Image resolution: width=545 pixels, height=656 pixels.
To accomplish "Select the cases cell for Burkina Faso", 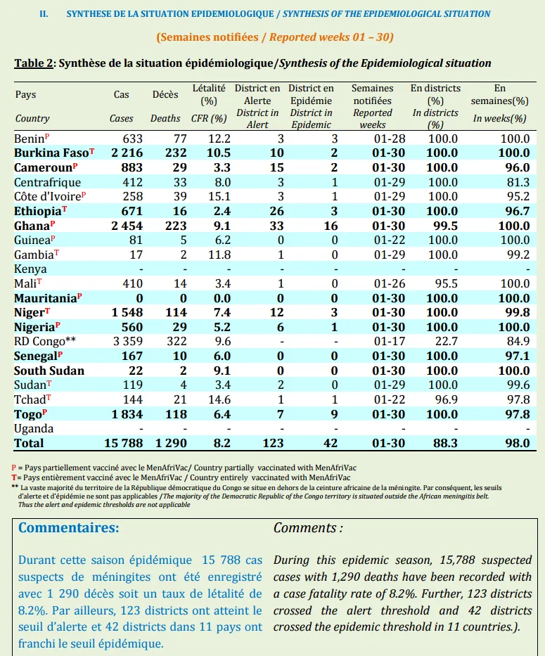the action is click(x=127, y=153).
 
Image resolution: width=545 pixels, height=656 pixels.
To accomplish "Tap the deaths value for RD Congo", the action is click(x=177, y=342).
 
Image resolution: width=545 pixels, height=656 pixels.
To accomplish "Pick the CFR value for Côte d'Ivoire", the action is click(x=219, y=197).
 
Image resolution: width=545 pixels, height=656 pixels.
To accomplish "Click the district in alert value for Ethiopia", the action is click(x=276, y=211).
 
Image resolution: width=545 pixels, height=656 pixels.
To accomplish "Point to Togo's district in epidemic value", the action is click(x=334, y=415).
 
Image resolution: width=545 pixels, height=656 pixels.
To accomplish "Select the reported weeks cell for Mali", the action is click(x=390, y=283).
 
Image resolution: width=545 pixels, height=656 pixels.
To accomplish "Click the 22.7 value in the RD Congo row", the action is click(x=447, y=342).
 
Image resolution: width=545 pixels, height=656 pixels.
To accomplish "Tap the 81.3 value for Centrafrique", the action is click(x=518, y=182).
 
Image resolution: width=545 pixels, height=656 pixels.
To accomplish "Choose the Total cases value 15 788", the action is click(x=124, y=443).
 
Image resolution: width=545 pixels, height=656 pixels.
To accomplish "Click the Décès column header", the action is click(x=165, y=94).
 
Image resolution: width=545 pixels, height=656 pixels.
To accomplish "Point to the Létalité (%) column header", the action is click(x=209, y=94).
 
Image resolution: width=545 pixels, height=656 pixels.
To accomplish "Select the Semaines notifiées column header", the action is click(x=373, y=94).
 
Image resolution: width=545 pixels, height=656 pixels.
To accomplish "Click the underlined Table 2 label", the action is click(x=34, y=63).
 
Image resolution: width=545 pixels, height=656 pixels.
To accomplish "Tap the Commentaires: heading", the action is click(x=69, y=527).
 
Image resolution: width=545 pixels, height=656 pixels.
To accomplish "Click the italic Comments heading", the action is click(x=308, y=528).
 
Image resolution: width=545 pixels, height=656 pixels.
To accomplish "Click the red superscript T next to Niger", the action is click(x=48, y=310).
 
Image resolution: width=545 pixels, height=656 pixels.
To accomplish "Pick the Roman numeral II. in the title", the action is click(x=44, y=14).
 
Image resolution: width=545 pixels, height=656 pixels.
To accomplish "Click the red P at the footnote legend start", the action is click(x=14, y=468).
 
